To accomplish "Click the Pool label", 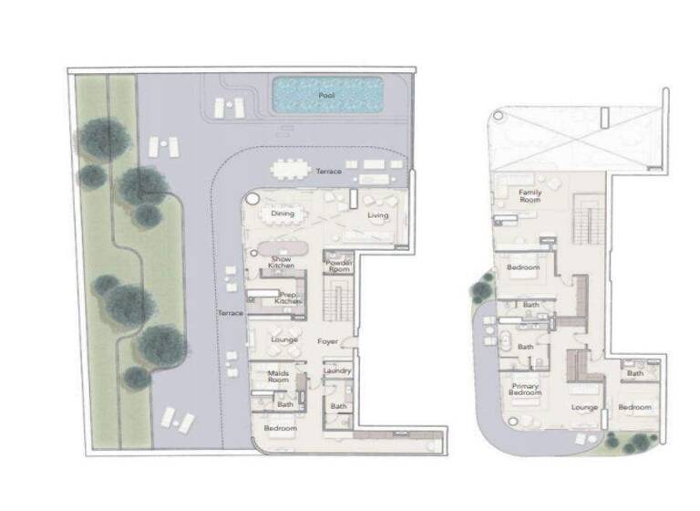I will pos(325,95).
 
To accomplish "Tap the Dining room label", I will pos(283,214).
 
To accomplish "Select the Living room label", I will pos(377,216).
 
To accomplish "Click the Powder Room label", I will pos(338,266).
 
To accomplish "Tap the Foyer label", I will pos(328,342).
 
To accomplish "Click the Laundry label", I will pos(338,371).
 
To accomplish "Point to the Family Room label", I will pos(530,196).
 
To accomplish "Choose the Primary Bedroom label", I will pos(524,391).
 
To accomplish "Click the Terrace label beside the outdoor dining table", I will pos(328,172).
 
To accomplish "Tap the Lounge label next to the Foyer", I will pos(284,339).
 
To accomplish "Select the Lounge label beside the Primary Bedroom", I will pos(583,407).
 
